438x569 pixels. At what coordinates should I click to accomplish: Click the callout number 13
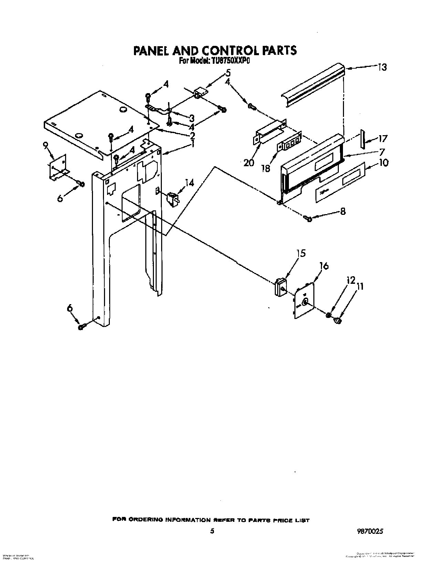[x=382, y=67]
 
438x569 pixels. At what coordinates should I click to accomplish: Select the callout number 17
[x=383, y=139]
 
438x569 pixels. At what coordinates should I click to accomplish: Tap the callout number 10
[x=383, y=162]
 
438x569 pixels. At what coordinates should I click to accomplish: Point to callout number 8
[x=343, y=211]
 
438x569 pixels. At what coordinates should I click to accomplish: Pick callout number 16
[x=324, y=266]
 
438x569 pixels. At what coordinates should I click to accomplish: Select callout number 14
[x=189, y=183]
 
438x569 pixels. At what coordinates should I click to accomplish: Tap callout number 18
[x=266, y=169]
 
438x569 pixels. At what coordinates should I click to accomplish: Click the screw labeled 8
[x=308, y=218]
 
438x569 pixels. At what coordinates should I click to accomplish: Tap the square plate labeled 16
[x=304, y=300]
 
